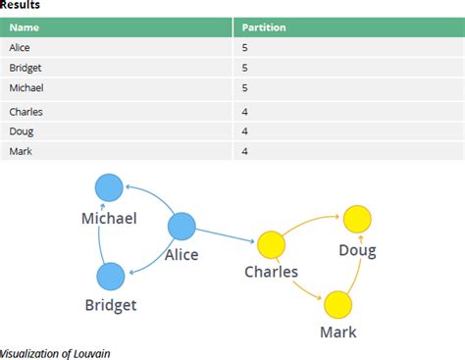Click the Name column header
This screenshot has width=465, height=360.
(25, 27)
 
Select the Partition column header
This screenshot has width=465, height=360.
(264, 27)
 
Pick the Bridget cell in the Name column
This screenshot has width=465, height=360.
(25, 68)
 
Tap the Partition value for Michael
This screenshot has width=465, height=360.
(244, 88)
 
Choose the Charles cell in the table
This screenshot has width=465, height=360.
(26, 112)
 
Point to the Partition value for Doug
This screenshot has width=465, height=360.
(244, 131)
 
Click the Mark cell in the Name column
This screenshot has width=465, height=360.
(21, 151)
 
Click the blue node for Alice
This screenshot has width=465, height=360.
(182, 227)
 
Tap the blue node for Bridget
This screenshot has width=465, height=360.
(111, 277)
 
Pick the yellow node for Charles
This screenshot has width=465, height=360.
(270, 244)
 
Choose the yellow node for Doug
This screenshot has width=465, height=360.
(356, 219)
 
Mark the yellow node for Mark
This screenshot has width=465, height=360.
(338, 304)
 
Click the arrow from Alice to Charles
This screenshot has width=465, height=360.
(226, 235)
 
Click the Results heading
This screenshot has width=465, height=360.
(21, 6)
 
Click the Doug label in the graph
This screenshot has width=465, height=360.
(358, 250)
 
